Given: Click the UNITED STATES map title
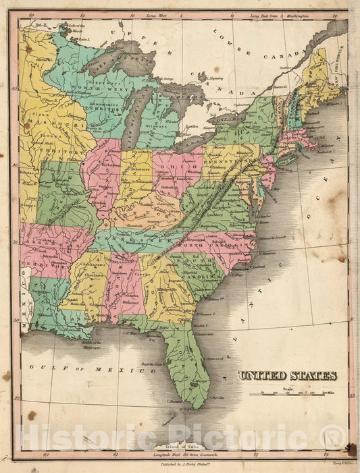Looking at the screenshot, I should point(287,376).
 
